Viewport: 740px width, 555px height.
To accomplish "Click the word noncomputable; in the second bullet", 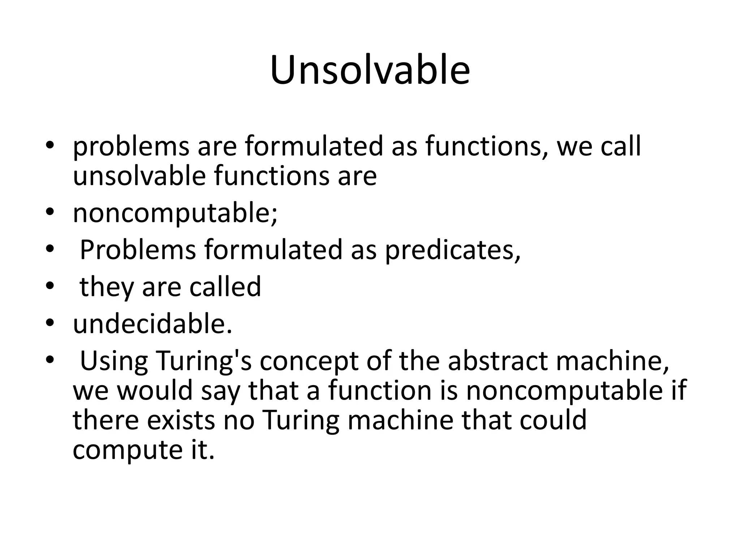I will tap(175, 213).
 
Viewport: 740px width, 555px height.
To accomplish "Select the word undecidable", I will tap(152, 324).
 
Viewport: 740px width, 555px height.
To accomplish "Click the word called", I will tap(225, 287).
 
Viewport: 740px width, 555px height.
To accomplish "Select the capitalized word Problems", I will tap(138, 250).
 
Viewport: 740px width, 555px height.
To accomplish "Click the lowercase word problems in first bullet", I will tap(131, 147).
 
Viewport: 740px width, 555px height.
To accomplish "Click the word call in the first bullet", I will tap(621, 147).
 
